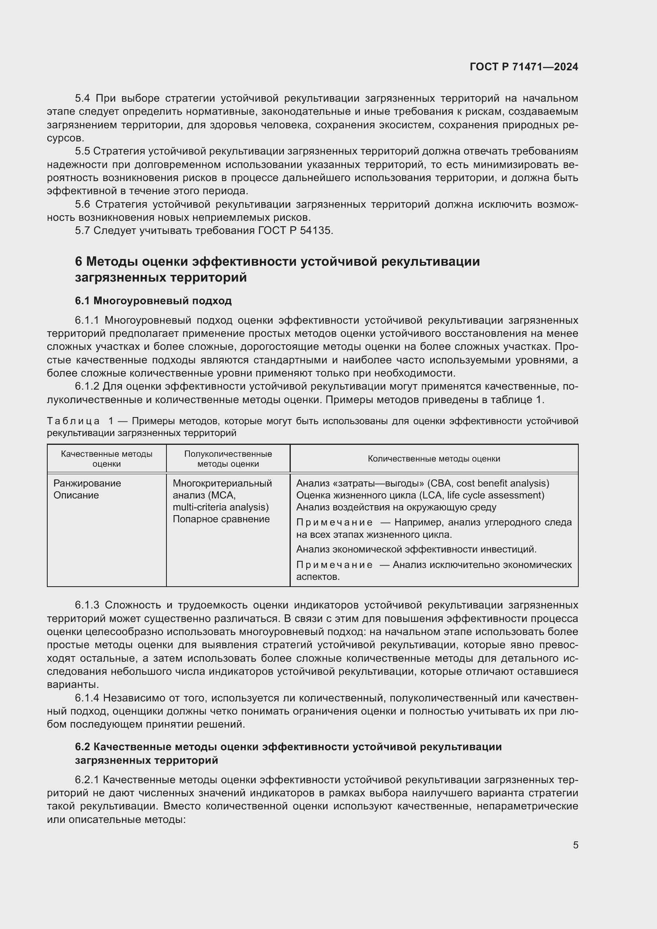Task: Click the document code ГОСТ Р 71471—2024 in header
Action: point(524,67)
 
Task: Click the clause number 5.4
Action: point(83,99)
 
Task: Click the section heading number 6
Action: point(79,262)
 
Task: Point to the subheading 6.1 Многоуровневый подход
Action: point(153,301)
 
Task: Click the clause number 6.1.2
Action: point(87,386)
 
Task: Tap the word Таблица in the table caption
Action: point(73,421)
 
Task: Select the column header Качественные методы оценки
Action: point(106,459)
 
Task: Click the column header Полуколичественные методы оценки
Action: point(228,459)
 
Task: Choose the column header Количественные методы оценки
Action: point(434,459)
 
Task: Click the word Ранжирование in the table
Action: point(87,483)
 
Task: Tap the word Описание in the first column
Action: point(76,495)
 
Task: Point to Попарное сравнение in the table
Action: point(221,519)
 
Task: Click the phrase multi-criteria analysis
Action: point(220,507)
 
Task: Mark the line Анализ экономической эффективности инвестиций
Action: point(416,549)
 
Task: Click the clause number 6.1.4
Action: point(87,698)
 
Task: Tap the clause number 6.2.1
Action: point(87,780)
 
